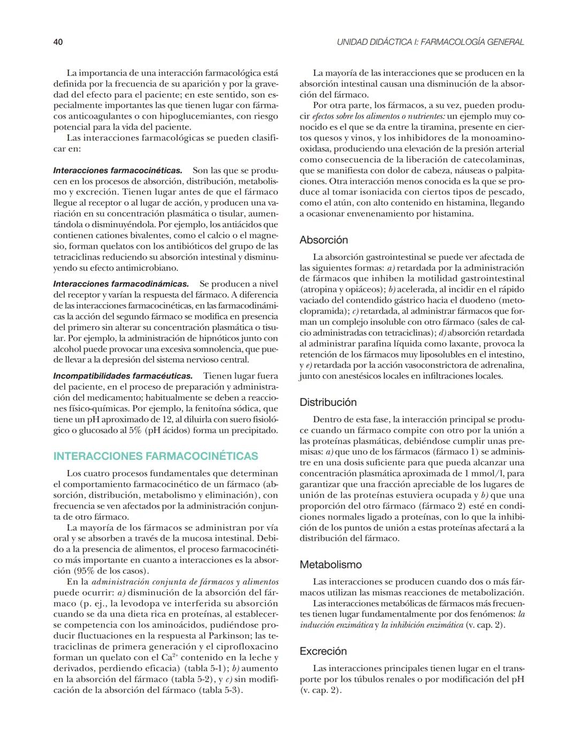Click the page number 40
[x=58, y=42]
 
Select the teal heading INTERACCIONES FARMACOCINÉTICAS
[x=156, y=456]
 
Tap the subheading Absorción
[x=323, y=240]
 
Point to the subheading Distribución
[x=328, y=402]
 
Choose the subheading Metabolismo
[x=330, y=565]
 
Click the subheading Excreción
[x=323, y=651]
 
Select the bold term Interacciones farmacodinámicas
[x=121, y=284]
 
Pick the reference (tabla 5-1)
[x=205, y=668]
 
